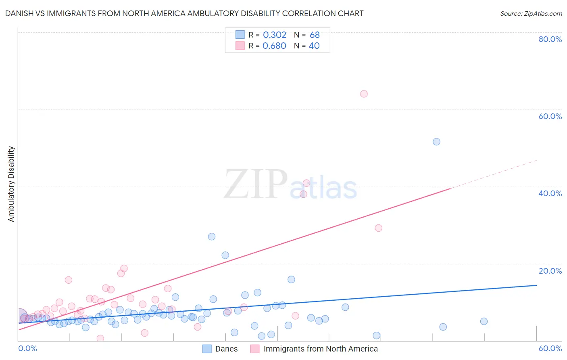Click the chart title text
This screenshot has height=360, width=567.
[x=184, y=13]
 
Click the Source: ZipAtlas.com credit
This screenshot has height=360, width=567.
[x=531, y=13]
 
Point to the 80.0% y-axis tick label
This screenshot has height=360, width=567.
[x=550, y=39]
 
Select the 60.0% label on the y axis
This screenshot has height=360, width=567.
[x=550, y=116]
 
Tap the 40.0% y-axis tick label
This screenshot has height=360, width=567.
[x=550, y=193]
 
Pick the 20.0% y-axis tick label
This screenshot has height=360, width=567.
[x=550, y=271]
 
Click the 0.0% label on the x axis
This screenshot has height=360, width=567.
[x=27, y=348]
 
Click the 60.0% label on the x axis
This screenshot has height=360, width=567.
[x=550, y=348]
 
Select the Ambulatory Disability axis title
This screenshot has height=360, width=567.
[x=11, y=184]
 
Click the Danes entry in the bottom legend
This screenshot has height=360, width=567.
[x=226, y=349]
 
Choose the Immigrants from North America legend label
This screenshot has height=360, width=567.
[x=321, y=349]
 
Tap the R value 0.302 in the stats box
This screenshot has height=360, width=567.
[x=274, y=35]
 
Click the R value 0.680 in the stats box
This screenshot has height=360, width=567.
[x=274, y=46]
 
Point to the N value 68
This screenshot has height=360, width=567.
[x=315, y=35]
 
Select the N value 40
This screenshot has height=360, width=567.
[x=314, y=46]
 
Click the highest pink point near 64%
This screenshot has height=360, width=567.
[x=364, y=94]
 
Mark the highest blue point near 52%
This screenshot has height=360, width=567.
[x=436, y=142]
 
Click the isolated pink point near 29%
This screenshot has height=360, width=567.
[x=378, y=228]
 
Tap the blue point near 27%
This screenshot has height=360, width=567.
[x=212, y=237]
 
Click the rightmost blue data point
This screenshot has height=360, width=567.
[x=484, y=321]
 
